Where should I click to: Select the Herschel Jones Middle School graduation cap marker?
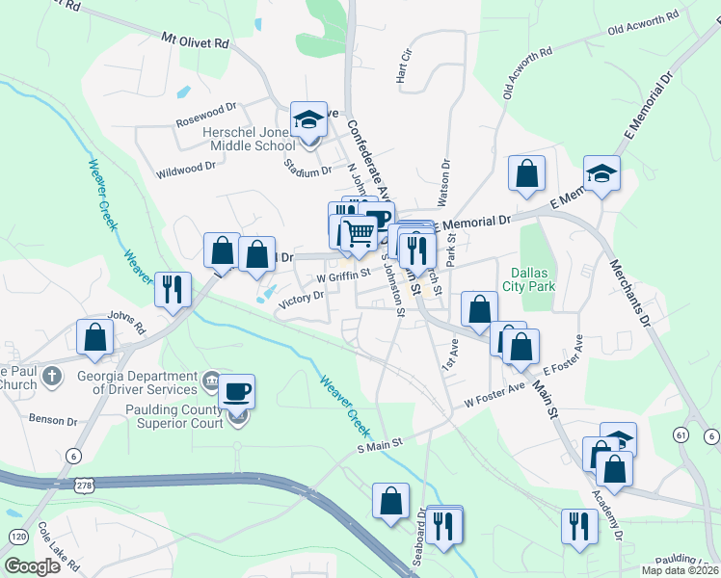point(308,121)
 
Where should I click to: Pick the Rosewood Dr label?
point(205,122)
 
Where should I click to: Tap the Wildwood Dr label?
point(185,168)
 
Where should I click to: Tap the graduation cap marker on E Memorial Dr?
point(601,174)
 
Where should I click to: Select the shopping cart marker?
point(358,232)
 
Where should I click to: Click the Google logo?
point(33,566)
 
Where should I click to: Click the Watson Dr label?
point(445,183)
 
